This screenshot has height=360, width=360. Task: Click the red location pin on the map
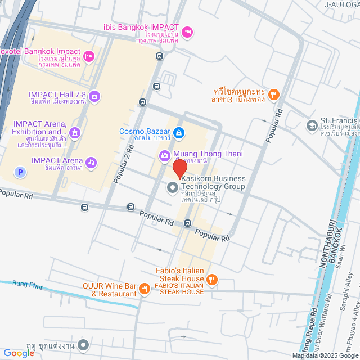pos(179,168)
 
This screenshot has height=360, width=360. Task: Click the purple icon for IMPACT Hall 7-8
pos(94,96)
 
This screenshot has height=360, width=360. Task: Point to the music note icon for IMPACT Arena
pos(91,162)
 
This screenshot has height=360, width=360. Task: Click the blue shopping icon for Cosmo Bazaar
pos(178,133)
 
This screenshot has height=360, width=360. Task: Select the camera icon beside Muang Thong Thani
pos(164,155)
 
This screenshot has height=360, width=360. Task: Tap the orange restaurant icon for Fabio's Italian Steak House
pos(211,279)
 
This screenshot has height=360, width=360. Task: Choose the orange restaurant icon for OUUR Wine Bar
pos(145,289)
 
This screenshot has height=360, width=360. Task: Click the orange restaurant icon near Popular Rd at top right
pos(273,94)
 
